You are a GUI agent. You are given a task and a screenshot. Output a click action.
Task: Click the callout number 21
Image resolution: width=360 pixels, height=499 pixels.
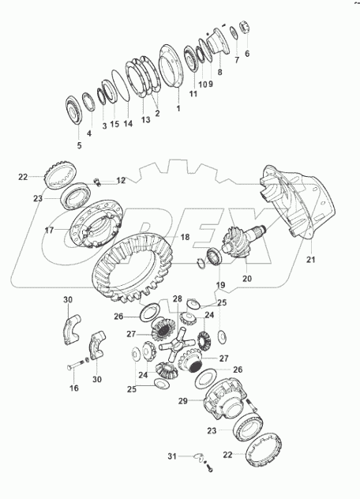point(310,260)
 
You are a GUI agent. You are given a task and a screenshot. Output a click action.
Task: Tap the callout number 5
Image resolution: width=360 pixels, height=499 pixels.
point(78,145)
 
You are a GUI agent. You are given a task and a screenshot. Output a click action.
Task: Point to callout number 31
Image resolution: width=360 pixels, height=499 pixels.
point(172,456)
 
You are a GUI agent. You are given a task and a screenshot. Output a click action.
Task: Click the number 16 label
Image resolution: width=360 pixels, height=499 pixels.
point(74,389)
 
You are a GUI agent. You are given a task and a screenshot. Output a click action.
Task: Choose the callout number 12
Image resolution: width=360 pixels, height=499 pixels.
point(121,181)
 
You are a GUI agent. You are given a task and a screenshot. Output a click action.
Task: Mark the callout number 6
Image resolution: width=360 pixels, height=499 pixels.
point(246,54)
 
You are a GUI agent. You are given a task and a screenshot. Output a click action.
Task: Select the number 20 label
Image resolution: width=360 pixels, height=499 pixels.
point(246,278)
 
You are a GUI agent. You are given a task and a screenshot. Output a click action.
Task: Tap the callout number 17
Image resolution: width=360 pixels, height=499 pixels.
point(49,231)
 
